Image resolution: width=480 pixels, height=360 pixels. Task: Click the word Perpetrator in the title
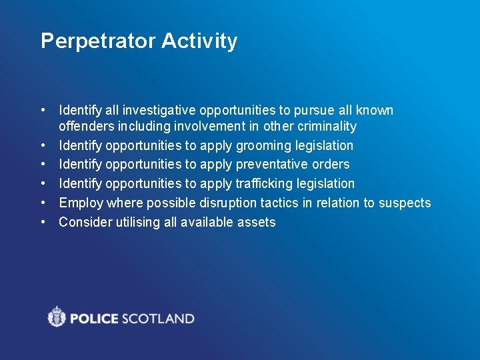(98, 41)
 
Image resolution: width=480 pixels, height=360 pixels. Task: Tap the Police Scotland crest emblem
(57, 317)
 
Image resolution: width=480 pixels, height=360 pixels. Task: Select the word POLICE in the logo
(93, 318)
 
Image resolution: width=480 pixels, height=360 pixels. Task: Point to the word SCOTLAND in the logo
(157, 318)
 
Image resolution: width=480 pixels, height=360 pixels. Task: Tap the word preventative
(272, 164)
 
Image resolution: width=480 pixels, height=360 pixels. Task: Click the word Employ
(81, 203)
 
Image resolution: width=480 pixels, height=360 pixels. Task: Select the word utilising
(133, 222)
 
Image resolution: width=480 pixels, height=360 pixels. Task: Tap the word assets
(257, 222)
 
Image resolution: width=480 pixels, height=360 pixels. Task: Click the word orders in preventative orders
(331, 164)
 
